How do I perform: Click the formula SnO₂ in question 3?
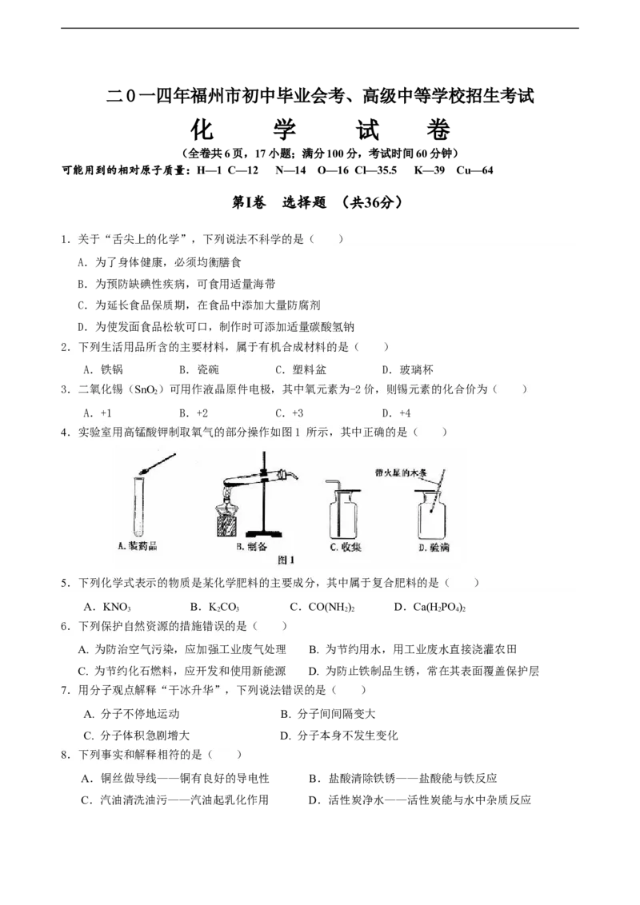point(146,390)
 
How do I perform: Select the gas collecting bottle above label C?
point(345,511)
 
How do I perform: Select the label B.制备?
point(251,548)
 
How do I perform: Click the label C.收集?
point(346,548)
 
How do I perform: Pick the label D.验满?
point(434,548)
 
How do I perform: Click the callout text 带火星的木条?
point(402,473)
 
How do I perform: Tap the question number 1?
point(64,239)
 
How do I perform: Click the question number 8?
point(64,755)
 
